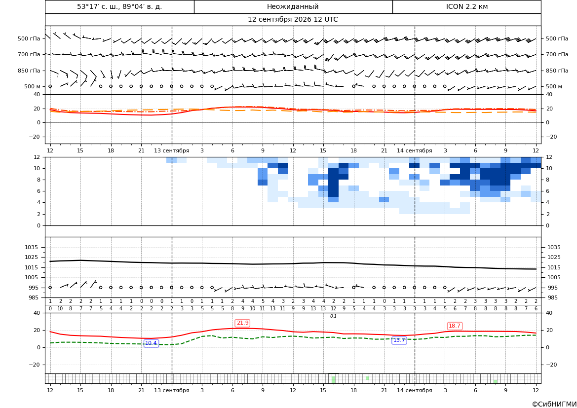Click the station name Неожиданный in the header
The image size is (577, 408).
[x=293, y=6]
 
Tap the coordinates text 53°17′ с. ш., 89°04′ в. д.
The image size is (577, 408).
[x=119, y=6]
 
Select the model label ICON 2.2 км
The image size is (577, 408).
[x=466, y=6]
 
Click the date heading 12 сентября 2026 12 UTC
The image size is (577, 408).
[x=293, y=20]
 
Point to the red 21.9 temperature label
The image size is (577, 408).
[x=242, y=323]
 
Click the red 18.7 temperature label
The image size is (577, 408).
[x=455, y=326]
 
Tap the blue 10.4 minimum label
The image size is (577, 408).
[x=151, y=343]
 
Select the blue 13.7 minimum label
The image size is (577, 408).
[x=399, y=340]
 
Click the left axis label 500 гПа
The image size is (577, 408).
[x=29, y=38]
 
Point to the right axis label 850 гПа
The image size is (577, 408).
[x=557, y=71]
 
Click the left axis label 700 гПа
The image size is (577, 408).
[x=29, y=54]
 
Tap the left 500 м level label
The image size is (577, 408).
[x=33, y=86]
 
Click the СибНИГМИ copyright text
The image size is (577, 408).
[x=554, y=404]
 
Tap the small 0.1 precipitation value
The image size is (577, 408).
[x=333, y=316]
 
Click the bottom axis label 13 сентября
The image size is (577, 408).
[x=171, y=390]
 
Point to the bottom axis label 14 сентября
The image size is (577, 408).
[x=414, y=390]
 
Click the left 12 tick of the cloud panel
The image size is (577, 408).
[x=37, y=157]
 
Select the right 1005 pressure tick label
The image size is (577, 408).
[x=554, y=277]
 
